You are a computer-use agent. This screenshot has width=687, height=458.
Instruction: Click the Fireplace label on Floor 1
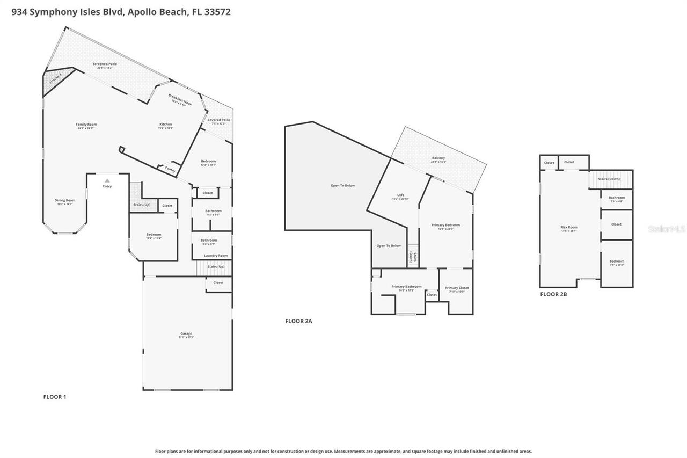55,78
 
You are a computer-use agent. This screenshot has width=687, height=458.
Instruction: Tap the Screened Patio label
105,64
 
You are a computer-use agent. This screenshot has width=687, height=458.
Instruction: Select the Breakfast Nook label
180,99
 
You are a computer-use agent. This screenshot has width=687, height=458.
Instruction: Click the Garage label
186,333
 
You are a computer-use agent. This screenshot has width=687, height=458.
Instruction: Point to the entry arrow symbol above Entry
107,180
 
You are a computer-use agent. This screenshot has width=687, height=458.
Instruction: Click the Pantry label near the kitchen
170,169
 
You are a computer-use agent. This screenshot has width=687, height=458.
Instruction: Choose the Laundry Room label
215,256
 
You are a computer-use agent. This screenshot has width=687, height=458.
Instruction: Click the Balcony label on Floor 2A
438,158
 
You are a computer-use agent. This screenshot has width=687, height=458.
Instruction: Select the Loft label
400,195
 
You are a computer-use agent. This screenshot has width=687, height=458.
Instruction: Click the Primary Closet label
457,288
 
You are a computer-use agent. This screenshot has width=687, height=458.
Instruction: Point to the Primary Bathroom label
406,287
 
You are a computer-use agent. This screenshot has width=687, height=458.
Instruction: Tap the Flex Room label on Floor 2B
569,227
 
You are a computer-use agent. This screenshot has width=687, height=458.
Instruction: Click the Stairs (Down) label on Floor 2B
609,179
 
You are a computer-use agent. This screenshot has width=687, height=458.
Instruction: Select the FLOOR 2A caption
298,321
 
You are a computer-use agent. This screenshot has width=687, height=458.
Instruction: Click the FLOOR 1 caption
55,397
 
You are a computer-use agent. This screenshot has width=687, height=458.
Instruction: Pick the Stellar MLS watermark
667,229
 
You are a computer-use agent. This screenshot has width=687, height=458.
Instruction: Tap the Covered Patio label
218,120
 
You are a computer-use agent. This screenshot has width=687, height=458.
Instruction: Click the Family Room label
86,125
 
